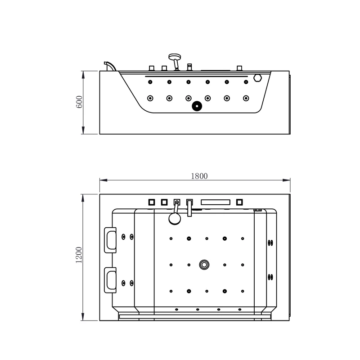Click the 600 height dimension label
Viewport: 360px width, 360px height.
pos(79,103)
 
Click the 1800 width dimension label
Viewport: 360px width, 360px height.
pos(195,176)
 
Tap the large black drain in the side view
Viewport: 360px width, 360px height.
pos(197,106)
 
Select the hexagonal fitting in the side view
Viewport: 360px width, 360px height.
pos(258,77)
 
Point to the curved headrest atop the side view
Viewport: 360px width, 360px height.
pos(109,66)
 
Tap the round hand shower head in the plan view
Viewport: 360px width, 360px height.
pos(174,219)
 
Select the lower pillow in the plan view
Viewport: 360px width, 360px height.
pos(110,280)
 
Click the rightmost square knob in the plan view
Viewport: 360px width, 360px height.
pos(239,202)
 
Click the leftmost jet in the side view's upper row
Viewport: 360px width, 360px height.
pos(150,82)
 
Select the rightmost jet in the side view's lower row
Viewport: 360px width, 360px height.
pos(246,98)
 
